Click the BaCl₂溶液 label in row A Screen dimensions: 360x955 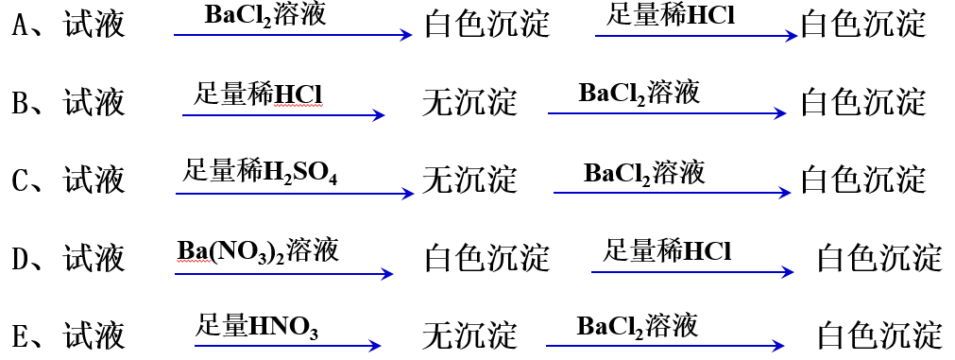coord(265,15)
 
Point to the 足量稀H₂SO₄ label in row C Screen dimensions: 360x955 coord(260,173)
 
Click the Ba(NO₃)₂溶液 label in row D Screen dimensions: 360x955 coord(258,250)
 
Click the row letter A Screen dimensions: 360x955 coord(22,25)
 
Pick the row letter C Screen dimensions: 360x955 coord(22,179)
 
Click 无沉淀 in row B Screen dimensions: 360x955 coord(469,102)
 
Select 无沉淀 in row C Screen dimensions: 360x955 coord(469,179)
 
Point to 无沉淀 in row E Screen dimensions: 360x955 coord(469,334)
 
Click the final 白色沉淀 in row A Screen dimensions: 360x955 coord(862,25)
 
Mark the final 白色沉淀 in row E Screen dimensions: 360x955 coord(878,334)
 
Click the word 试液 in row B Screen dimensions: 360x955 coord(94,102)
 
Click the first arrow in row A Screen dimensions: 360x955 coord(293,36)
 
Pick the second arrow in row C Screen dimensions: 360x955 coord(672,193)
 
